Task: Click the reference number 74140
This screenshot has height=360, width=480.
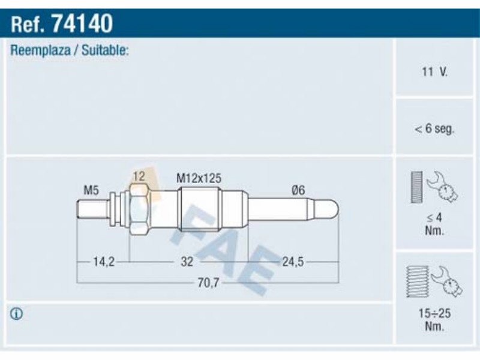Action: (82, 23)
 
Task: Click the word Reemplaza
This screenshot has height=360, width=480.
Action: (40, 50)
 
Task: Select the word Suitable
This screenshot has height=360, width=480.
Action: (104, 50)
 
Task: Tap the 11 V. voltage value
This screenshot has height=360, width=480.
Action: (434, 72)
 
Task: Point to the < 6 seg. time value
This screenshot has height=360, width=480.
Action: (434, 128)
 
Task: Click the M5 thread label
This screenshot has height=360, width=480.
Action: (91, 190)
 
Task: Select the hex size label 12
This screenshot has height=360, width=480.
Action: (139, 176)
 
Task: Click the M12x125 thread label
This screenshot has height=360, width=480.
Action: (199, 178)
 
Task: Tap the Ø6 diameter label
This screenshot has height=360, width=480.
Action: (298, 190)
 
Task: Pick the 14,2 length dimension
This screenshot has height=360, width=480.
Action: (104, 262)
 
